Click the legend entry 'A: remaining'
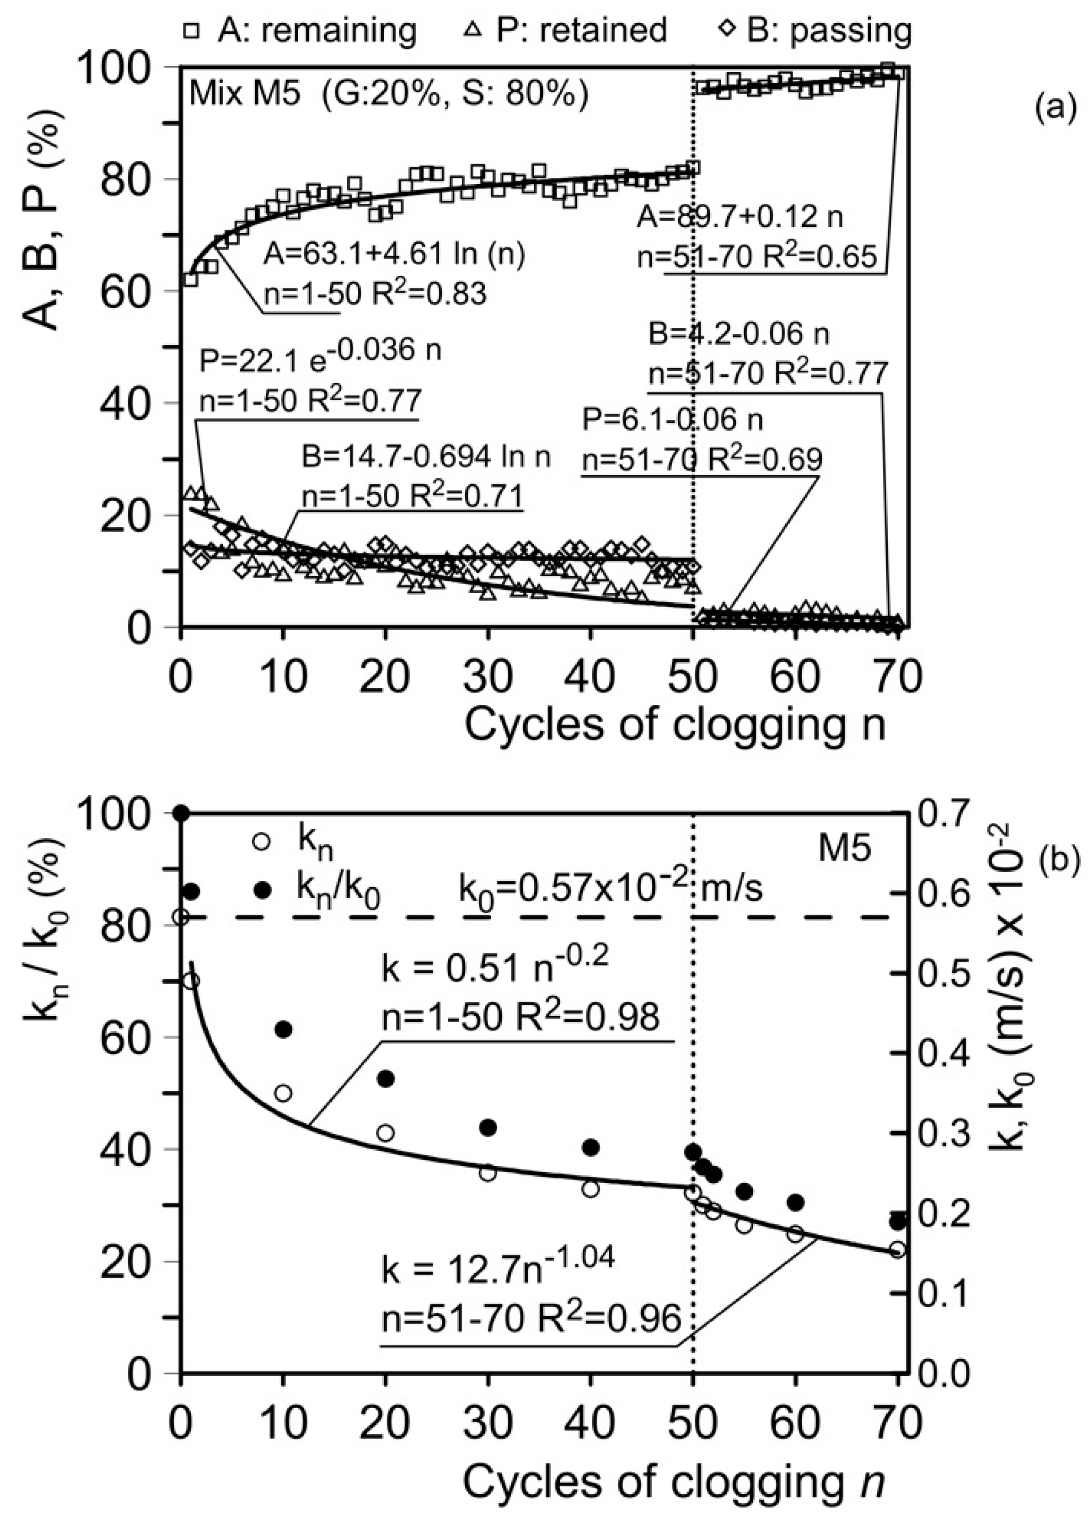(299, 29)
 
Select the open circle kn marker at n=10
(283, 1093)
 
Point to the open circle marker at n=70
(898, 1249)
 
